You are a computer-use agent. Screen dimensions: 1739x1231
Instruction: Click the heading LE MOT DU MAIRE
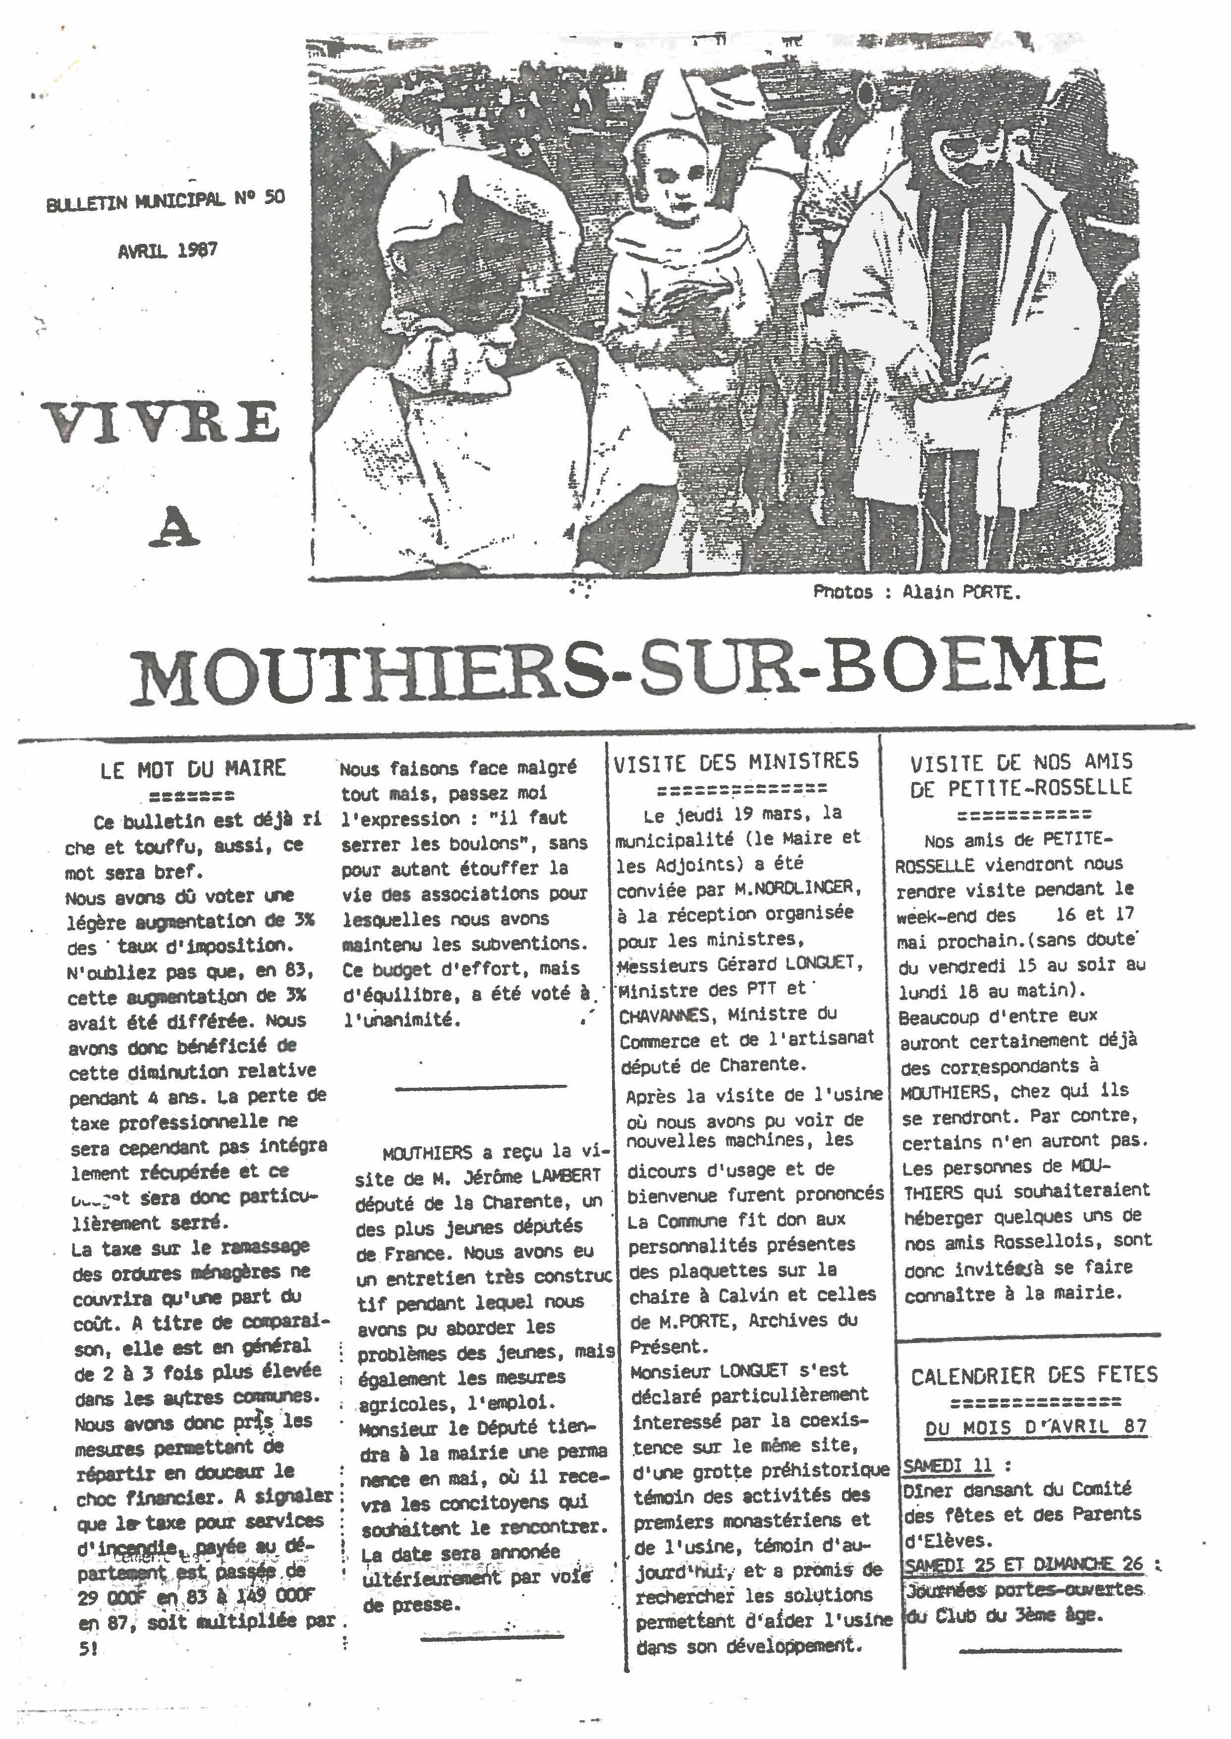193,769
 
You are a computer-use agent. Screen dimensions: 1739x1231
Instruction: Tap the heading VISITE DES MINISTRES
736,761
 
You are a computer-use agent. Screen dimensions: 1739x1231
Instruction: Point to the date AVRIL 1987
168,251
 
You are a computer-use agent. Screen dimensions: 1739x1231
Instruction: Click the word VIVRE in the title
160,423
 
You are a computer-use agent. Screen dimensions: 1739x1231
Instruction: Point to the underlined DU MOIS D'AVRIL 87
1035,1427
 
